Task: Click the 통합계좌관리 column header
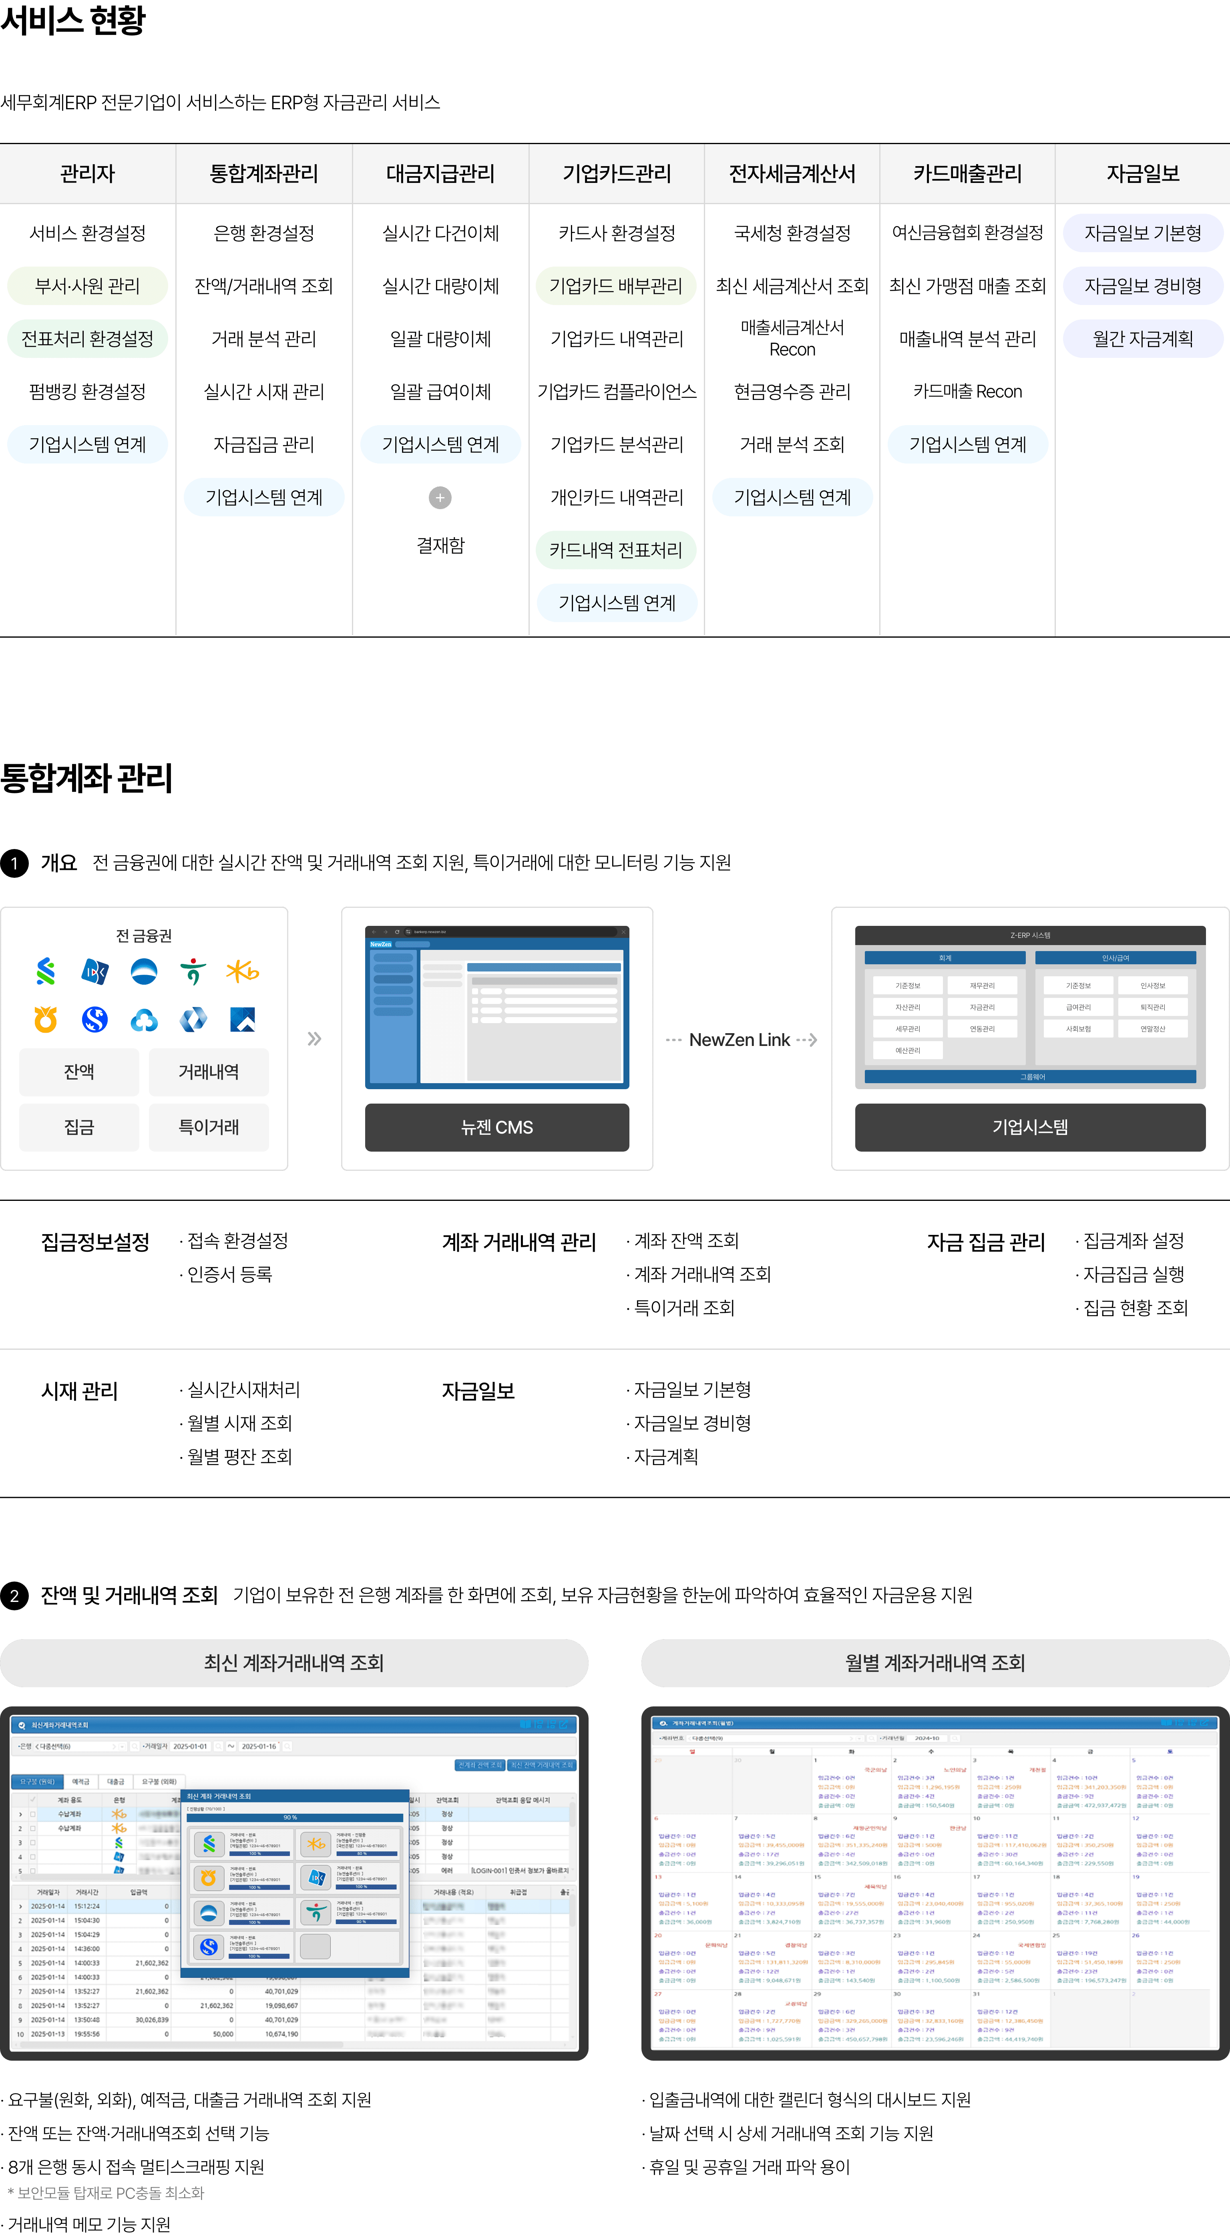[x=264, y=174]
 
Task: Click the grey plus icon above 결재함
[x=440, y=498]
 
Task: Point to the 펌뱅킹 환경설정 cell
[x=88, y=391]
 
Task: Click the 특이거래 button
[x=208, y=1127]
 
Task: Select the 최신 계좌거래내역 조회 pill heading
[x=294, y=1662]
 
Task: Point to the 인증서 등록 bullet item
[x=229, y=1274]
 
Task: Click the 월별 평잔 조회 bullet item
[x=239, y=1457]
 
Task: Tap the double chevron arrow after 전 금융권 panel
[x=314, y=1039]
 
